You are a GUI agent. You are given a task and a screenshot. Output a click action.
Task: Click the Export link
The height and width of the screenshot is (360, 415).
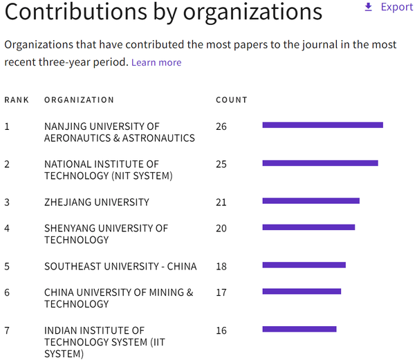click(396, 7)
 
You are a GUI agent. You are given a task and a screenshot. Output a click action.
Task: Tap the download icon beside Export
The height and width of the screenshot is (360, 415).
click(368, 7)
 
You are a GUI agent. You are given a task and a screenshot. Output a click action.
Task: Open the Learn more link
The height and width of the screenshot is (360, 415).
click(156, 62)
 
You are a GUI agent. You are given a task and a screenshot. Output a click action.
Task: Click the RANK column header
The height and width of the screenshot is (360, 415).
click(17, 100)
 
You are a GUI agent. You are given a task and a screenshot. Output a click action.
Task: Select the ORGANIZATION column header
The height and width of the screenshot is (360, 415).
click(79, 100)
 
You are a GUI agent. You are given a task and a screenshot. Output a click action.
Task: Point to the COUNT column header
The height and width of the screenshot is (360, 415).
click(232, 100)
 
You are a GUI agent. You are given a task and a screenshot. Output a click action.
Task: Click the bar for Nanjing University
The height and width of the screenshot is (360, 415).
click(322, 125)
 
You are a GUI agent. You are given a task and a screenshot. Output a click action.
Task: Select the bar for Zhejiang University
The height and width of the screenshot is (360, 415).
click(311, 201)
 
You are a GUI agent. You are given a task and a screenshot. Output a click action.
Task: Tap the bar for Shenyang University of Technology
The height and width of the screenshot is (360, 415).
click(308, 227)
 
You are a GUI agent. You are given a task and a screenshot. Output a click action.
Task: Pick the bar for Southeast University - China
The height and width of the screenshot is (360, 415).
click(304, 265)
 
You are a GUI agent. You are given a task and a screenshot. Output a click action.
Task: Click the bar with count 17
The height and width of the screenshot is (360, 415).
click(302, 292)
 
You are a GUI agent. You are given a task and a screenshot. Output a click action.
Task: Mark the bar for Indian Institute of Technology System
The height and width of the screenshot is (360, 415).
click(299, 329)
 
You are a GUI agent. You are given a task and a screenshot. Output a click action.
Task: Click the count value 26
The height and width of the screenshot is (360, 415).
click(221, 126)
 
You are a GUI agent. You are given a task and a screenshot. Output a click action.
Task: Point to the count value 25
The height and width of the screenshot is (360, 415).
click(221, 164)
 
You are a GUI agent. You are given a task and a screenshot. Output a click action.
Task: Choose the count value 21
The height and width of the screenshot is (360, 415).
click(221, 202)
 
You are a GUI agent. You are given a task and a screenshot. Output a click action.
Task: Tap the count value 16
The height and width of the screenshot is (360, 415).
click(221, 330)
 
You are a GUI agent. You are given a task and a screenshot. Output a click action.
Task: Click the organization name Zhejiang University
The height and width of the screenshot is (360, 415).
click(96, 202)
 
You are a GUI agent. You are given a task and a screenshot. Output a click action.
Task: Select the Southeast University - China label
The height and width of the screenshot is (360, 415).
click(120, 266)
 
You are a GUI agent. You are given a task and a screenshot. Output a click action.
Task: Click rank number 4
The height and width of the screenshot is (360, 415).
click(7, 228)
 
